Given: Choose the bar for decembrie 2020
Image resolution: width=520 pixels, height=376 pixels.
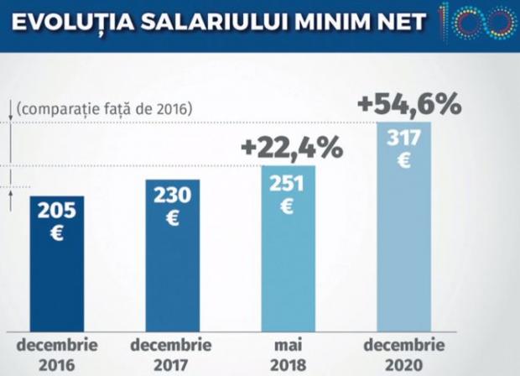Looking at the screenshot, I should pyautogui.click(x=404, y=252).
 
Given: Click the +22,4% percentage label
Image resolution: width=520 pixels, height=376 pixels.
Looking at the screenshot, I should pyautogui.click(x=291, y=148).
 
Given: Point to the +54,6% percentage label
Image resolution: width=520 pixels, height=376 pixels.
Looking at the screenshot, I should pyautogui.click(x=408, y=104).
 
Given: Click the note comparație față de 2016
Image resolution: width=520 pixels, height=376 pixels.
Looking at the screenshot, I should pyautogui.click(x=105, y=109).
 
